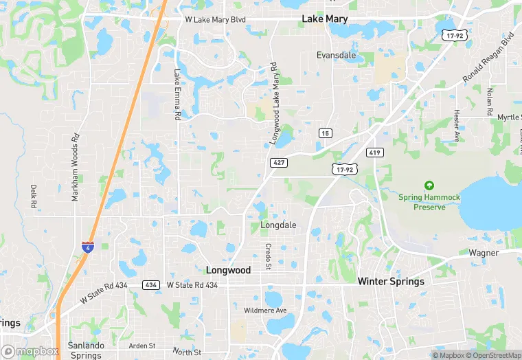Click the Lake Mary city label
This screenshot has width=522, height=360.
pos(325,19)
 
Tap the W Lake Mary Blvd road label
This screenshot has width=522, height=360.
pos(215,19)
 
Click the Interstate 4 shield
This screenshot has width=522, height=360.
pos(88,246)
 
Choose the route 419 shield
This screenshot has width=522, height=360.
pos(374,153)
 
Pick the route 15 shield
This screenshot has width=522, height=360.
pos(325,132)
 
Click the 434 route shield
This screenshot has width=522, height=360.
pos(151,284)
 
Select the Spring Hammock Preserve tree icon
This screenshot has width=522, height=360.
pos(429,185)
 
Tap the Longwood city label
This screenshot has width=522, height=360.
pos(228,270)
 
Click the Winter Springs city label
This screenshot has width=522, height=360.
pos(391,281)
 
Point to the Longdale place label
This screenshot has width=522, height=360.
pos(278,225)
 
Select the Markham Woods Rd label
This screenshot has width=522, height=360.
pos(76,168)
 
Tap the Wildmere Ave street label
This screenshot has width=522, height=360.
pos(265,311)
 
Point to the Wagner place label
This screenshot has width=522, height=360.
pos(484,253)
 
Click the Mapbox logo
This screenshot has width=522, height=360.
pos(30,350)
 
